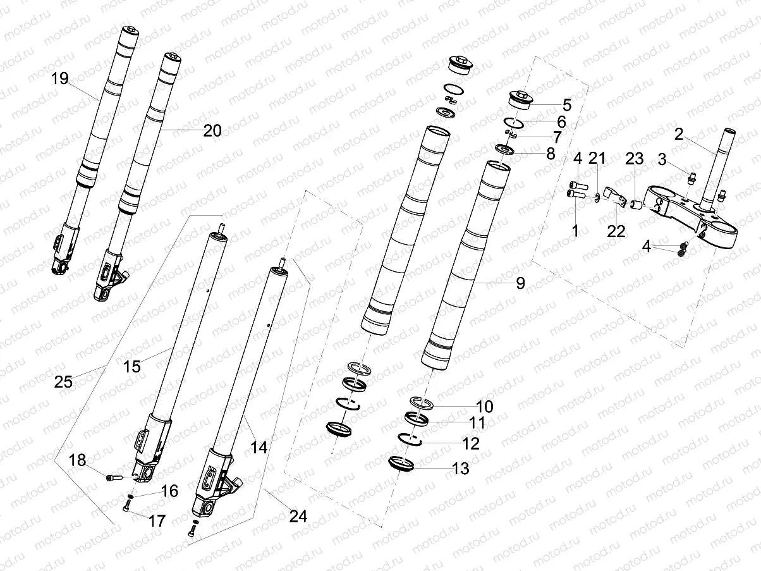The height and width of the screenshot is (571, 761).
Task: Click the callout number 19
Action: pyautogui.click(x=60, y=78)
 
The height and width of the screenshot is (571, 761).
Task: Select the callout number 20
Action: pyautogui.click(x=212, y=131)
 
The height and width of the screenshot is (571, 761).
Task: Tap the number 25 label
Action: pyautogui.click(x=63, y=382)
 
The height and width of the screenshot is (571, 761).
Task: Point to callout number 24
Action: pyautogui.click(x=298, y=516)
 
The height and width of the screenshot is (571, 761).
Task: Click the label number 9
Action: pyautogui.click(x=520, y=283)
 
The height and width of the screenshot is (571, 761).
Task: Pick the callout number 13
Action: pyautogui.click(x=461, y=469)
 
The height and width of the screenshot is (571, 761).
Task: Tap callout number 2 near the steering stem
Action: pyautogui.click(x=678, y=134)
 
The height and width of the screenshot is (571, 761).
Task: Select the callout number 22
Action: pyautogui.click(x=616, y=231)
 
